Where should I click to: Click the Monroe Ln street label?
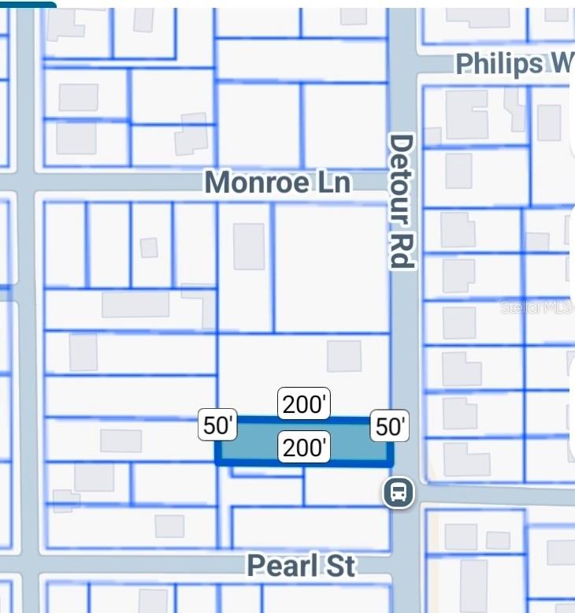point(277,183)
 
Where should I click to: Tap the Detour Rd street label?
point(401,201)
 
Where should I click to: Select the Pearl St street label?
point(301,566)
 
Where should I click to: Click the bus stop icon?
point(399,493)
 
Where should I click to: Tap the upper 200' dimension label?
point(304,404)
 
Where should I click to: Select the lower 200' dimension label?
point(304,448)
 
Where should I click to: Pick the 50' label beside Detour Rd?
point(390,426)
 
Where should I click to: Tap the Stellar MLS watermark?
point(536,307)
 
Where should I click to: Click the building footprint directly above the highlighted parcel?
point(344,356)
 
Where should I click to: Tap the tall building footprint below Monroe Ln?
point(249,246)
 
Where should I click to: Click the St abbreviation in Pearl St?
point(339,566)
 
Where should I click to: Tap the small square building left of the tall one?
point(148,247)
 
